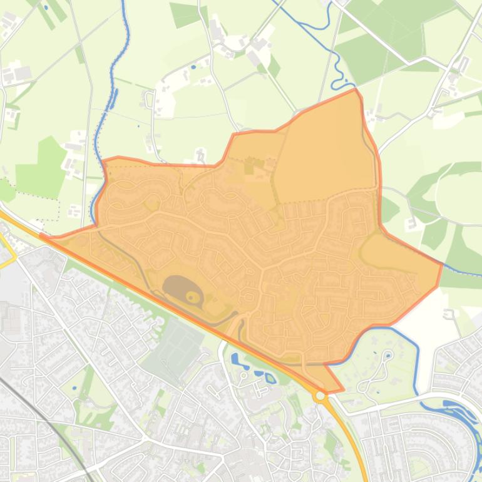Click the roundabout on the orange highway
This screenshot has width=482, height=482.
[x=320, y=396]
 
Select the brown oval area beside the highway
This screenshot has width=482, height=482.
[x=180, y=289]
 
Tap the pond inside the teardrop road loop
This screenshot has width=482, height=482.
[x=388, y=356]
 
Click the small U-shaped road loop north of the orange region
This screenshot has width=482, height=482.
[x=150, y=99]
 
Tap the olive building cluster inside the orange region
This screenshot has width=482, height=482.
[x=254, y=167]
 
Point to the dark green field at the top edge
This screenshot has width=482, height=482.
[x=185, y=14]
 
